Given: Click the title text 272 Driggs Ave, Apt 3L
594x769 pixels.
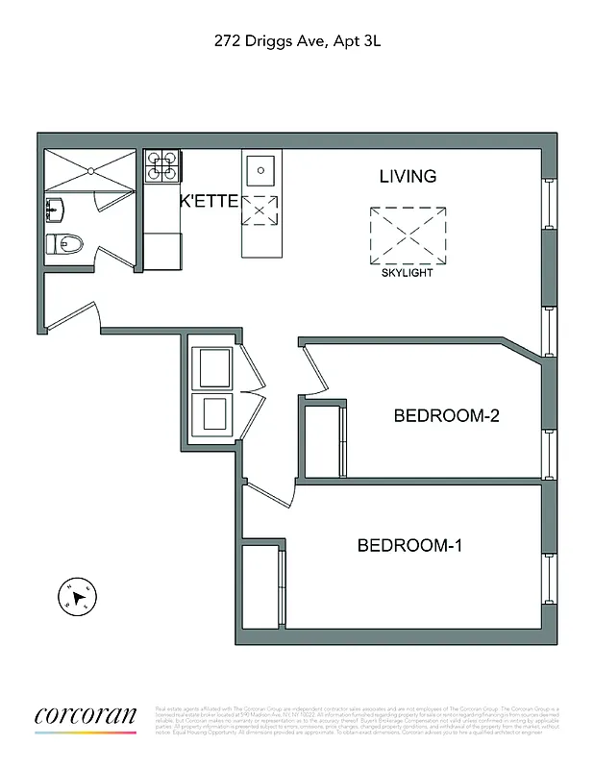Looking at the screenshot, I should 298,41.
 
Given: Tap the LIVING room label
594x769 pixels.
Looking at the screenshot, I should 408,177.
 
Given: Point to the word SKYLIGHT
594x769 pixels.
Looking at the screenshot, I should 408,273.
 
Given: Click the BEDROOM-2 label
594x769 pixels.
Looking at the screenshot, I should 446,416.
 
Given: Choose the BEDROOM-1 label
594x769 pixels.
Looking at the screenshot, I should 410,546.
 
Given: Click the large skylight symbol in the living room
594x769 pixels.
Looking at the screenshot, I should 408,236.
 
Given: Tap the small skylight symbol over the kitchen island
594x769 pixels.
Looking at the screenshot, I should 260,210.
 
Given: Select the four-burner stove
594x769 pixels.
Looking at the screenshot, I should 162,165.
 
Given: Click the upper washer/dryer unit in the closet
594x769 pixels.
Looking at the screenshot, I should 213,367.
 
